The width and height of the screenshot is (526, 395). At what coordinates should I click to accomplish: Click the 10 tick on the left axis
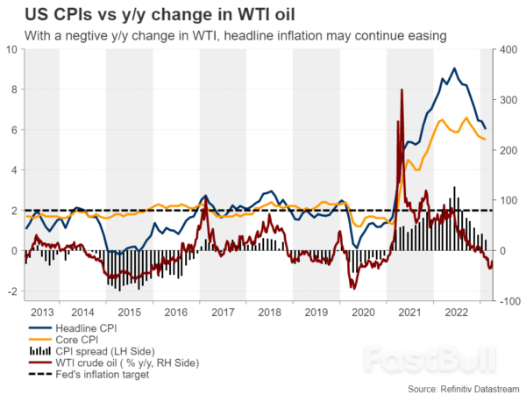(x=11, y=49)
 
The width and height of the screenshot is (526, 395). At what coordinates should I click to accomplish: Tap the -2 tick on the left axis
(x=11, y=291)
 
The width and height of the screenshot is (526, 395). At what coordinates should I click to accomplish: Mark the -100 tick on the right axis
(x=509, y=302)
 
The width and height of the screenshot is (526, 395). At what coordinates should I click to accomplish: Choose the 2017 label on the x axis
(x=223, y=312)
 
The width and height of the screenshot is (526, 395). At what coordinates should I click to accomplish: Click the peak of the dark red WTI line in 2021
(x=402, y=90)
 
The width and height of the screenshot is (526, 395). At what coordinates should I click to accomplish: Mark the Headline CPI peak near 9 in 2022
(x=453, y=68)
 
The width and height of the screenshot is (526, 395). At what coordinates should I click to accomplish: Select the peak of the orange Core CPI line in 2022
(x=465, y=118)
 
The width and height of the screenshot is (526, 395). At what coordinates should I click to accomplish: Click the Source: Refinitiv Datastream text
(x=462, y=387)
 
